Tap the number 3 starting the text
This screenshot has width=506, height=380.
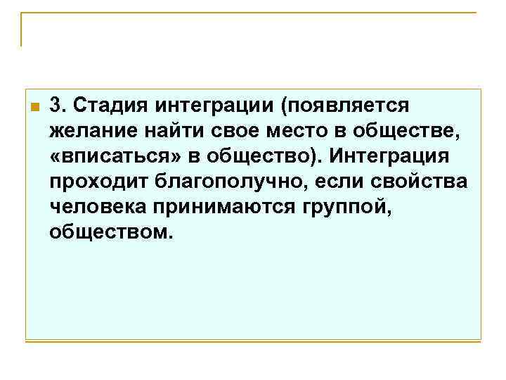(56, 105)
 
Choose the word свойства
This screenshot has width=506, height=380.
(422, 181)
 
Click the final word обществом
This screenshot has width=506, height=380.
(110, 231)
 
